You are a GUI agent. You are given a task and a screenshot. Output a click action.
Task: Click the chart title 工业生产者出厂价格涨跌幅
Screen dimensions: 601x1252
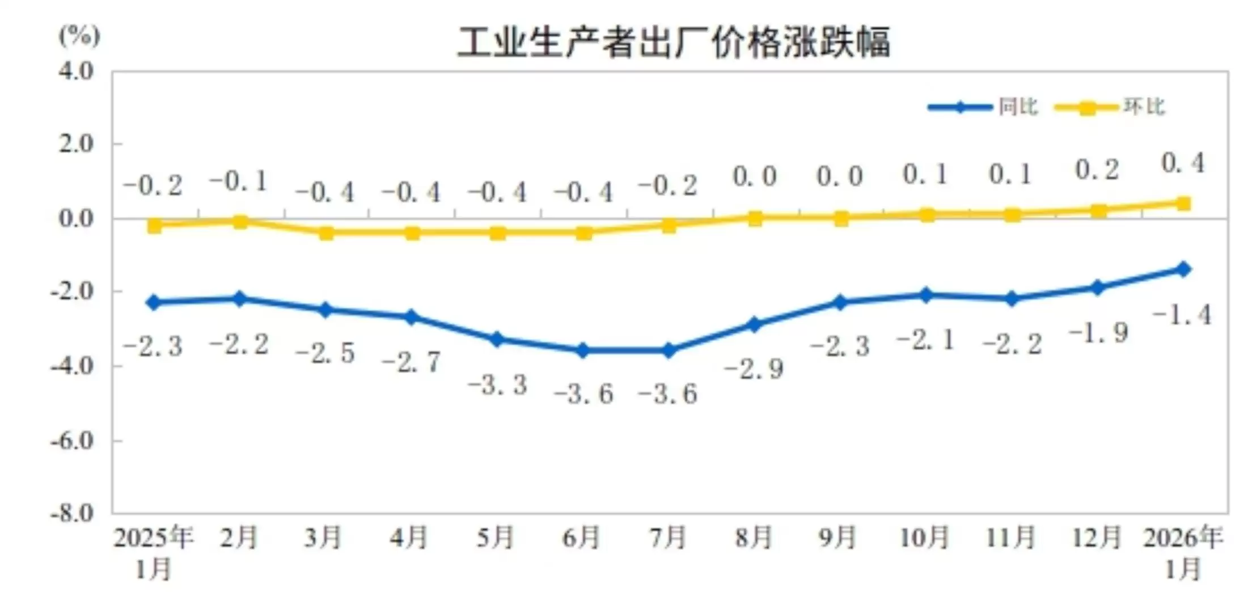pyautogui.click(x=673, y=42)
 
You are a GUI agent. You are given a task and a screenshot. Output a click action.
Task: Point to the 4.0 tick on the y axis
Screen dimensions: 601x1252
pyautogui.click(x=76, y=71)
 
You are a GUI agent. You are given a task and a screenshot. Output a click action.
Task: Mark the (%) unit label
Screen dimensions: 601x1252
pyautogui.click(x=79, y=36)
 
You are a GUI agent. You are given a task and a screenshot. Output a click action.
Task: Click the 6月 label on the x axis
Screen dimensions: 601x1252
pyautogui.click(x=581, y=537)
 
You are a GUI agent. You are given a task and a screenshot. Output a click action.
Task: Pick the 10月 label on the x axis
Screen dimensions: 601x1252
pyautogui.click(x=924, y=537)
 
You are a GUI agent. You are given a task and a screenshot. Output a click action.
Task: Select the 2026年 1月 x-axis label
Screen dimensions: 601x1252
pyautogui.click(x=1183, y=552)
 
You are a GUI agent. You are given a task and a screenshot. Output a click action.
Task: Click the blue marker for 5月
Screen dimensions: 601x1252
pyautogui.click(x=497, y=340)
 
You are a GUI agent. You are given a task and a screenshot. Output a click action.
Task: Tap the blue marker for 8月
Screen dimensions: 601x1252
pyautogui.click(x=755, y=324)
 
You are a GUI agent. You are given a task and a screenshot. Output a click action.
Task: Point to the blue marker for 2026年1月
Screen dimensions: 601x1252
pyautogui.click(x=1183, y=269)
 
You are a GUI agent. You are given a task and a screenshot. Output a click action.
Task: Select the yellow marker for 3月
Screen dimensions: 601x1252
pyautogui.click(x=326, y=232)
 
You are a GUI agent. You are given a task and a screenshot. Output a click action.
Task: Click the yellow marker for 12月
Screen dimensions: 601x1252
pyautogui.click(x=1098, y=211)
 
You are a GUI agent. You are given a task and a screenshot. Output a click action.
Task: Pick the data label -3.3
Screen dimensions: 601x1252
pyautogui.click(x=498, y=385)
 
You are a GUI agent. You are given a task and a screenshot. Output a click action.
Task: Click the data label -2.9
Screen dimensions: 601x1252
pyautogui.click(x=754, y=370)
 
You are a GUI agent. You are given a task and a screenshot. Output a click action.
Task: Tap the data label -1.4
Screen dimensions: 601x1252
pyautogui.click(x=1183, y=315)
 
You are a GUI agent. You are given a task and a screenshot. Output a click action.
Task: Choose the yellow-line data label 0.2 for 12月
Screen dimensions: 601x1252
pyautogui.click(x=1097, y=170)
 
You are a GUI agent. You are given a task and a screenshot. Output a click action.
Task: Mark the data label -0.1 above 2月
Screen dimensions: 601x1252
pyautogui.click(x=239, y=181)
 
